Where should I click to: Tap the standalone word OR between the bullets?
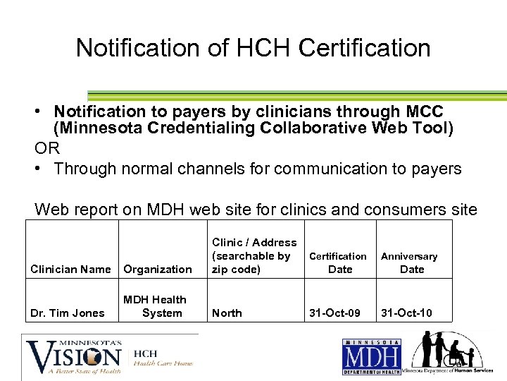click(x=47, y=149)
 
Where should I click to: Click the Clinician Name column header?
click(x=70, y=269)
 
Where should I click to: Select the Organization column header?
click(x=158, y=269)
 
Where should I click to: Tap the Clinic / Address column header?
click(x=254, y=255)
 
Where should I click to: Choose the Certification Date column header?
click(x=339, y=262)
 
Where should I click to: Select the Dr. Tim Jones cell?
click(x=68, y=313)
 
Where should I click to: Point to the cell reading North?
click(x=227, y=313)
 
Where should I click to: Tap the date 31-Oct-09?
click(x=336, y=313)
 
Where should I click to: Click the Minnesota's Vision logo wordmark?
click(x=74, y=356)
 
